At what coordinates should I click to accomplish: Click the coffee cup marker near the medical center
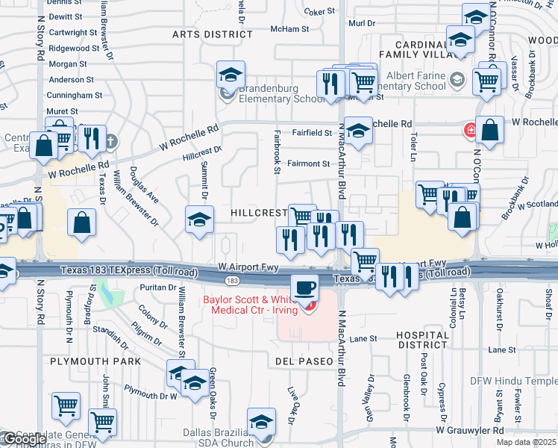coord(304,287)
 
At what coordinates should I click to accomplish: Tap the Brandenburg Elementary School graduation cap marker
coord(231,75)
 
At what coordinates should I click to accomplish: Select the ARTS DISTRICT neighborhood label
coord(213,34)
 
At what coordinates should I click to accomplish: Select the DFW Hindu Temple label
coord(513,381)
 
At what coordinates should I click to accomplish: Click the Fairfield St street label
coord(313,132)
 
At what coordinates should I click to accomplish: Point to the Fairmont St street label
coord(309,164)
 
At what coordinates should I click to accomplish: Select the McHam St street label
coord(289,29)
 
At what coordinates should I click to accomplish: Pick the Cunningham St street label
coord(75,96)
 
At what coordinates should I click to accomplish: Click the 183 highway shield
coord(233,280)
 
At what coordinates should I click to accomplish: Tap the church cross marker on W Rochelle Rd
coord(111,141)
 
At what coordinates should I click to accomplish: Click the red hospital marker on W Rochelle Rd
coord(471,131)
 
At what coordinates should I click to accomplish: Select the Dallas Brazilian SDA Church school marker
coord(262,423)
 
